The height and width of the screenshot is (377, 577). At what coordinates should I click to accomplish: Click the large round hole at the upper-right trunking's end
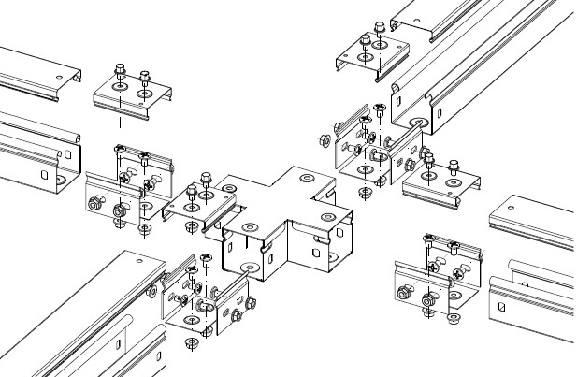point(414,123)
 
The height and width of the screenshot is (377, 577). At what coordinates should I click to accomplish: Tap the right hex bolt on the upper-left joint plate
point(145,79)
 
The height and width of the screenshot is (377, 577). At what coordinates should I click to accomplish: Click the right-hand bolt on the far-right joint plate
point(454,171)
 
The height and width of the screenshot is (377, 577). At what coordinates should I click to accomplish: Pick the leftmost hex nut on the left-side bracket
point(94,203)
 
